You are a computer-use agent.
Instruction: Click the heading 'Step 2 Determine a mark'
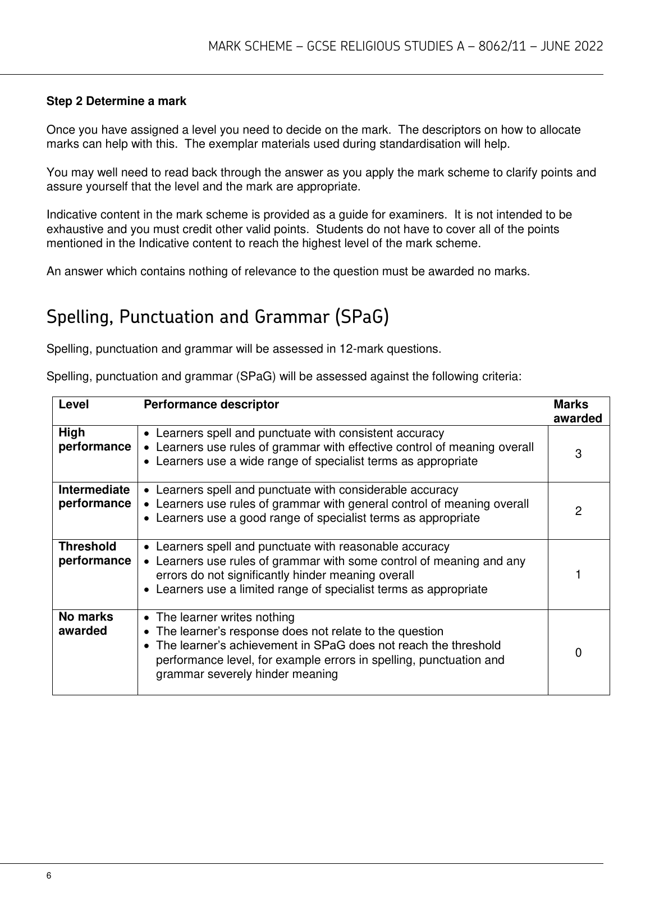(x=116, y=102)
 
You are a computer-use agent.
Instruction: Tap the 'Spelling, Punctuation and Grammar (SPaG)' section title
(x=218, y=317)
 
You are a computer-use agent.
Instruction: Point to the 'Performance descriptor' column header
(x=211, y=404)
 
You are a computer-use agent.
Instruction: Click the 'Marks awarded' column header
(x=577, y=411)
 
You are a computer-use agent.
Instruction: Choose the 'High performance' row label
(x=94, y=440)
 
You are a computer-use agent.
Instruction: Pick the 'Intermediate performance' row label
(x=94, y=497)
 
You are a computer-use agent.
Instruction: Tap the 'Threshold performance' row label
(x=94, y=554)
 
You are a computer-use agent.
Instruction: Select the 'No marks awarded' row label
(x=86, y=624)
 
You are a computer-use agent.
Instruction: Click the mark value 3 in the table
(x=578, y=454)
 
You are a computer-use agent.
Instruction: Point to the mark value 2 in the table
(x=578, y=511)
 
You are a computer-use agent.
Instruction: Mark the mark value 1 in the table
(x=578, y=575)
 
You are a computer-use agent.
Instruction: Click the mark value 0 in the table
(x=578, y=653)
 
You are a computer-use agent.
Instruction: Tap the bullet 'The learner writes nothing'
(x=225, y=617)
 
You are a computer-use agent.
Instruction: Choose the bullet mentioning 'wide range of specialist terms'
(x=317, y=462)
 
